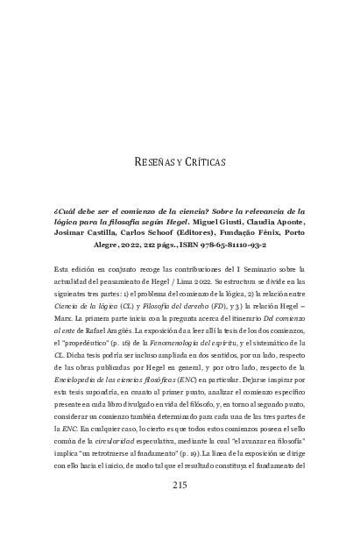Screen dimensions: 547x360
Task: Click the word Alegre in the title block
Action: (105, 246)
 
